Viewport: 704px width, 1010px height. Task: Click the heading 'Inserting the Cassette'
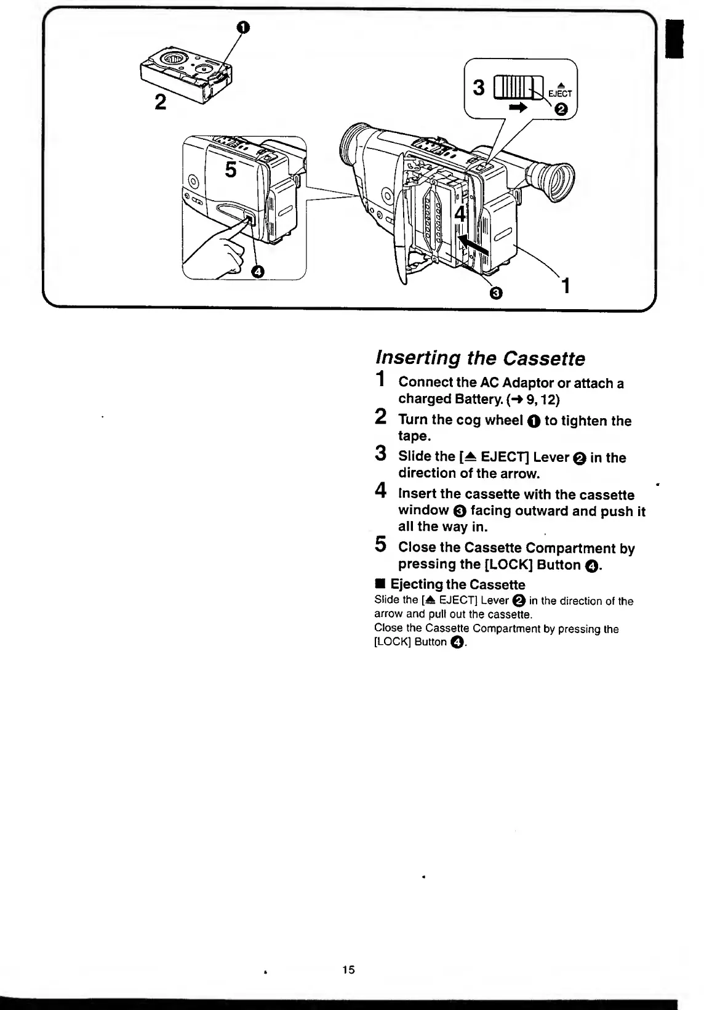coord(480,358)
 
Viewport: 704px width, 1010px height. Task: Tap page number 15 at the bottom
coord(348,969)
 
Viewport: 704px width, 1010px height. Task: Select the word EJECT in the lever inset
coord(560,94)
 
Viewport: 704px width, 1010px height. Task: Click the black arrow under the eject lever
coord(519,107)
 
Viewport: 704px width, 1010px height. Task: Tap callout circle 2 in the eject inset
coord(561,110)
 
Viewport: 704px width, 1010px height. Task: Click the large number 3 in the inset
coord(479,88)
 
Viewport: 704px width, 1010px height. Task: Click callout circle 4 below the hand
coord(258,271)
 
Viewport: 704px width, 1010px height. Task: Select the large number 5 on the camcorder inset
coord(230,169)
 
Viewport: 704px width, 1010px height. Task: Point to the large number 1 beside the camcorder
coord(566,286)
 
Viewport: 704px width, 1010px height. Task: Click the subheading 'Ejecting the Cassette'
coord(457,584)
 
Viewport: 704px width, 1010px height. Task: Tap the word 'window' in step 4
coord(423,511)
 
